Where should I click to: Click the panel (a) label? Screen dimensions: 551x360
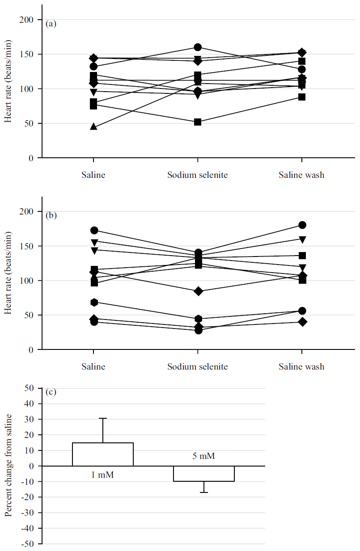pos(51,24)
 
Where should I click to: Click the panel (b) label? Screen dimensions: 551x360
pos(51,215)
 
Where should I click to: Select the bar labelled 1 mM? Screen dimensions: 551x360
pos(103,454)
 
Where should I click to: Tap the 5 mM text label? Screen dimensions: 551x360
pos(204,457)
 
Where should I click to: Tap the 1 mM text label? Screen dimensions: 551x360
pos(103,475)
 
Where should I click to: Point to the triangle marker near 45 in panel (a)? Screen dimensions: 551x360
pos(93,126)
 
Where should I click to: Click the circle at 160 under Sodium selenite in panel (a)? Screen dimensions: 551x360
pos(198,47)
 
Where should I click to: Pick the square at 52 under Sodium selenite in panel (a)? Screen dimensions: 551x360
pos(198,122)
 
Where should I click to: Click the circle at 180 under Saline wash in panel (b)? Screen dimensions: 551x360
pos(302,225)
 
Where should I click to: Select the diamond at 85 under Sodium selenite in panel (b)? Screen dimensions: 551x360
pos(198,291)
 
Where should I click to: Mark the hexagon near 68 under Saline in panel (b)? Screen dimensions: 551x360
pos(94,303)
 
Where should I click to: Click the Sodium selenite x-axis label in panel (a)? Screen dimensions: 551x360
pos(198,175)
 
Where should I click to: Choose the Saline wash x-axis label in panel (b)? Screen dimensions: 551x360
pos(301,366)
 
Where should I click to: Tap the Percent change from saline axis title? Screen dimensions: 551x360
pos(8,466)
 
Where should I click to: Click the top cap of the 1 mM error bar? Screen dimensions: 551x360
pos(103,418)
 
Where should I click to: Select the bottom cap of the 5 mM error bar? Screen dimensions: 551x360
pos(204,492)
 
